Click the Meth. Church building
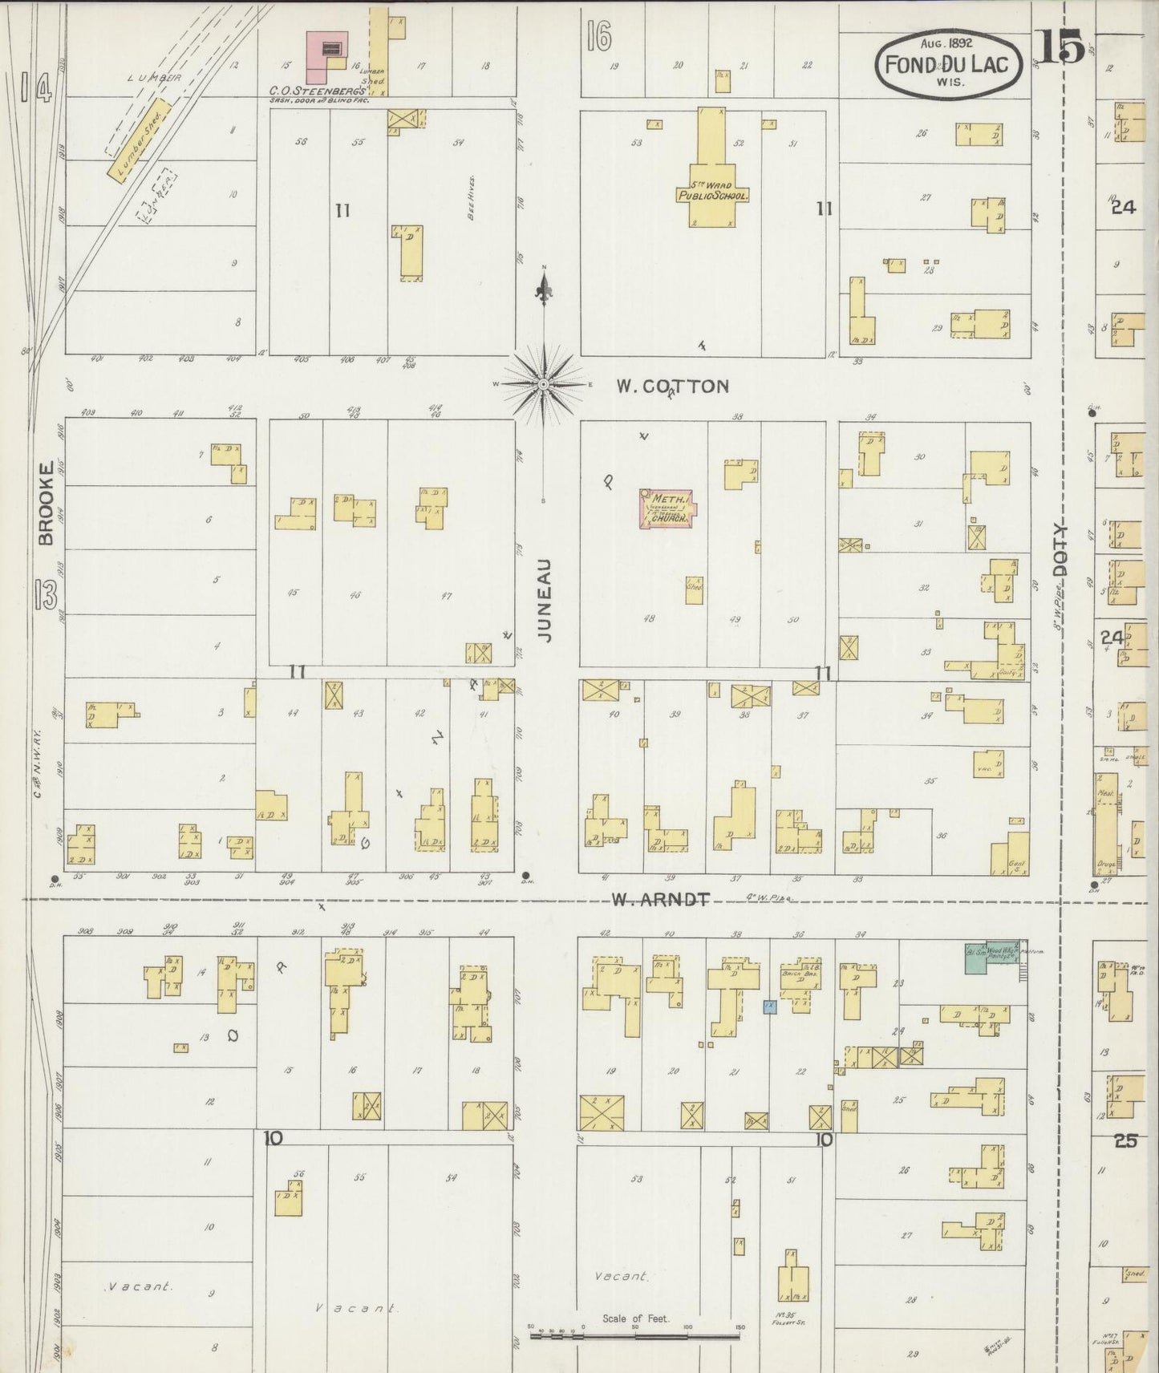click(667, 509)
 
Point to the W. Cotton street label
click(672, 387)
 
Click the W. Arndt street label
click(660, 900)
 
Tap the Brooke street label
click(47, 503)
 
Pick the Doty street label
click(1062, 549)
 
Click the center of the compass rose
click(544, 385)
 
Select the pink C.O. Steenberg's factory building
click(328, 56)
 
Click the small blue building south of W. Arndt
click(769, 1006)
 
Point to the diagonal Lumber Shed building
click(138, 140)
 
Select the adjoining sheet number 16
click(598, 36)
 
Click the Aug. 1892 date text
click(946, 43)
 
